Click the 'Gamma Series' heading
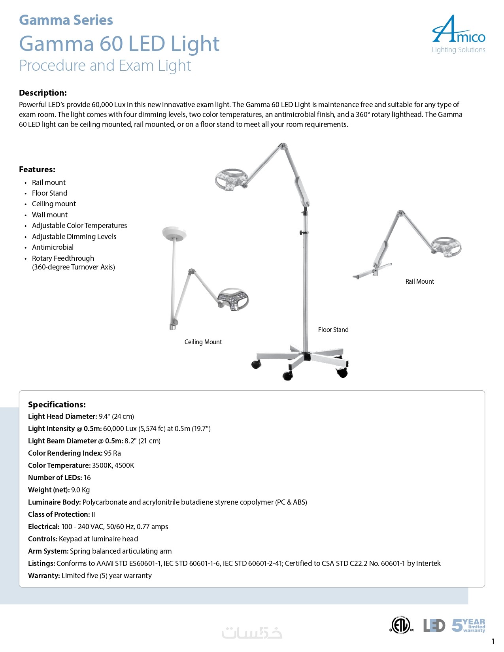click(66, 20)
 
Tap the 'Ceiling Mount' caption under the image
click(203, 342)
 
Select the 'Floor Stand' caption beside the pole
click(333, 330)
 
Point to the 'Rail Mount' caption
click(419, 281)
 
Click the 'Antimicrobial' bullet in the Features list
click(53, 247)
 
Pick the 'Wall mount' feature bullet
click(50, 215)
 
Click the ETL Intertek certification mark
click(401, 625)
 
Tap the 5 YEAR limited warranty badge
click(468, 625)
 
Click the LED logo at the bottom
click(434, 626)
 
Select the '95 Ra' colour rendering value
click(112, 453)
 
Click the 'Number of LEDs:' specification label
click(55, 478)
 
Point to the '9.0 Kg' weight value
click(81, 490)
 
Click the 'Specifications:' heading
click(57, 405)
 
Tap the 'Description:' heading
click(43, 93)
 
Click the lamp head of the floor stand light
click(232, 180)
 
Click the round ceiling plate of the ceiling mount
click(174, 233)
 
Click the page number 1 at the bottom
click(493, 641)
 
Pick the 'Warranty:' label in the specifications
click(44, 576)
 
